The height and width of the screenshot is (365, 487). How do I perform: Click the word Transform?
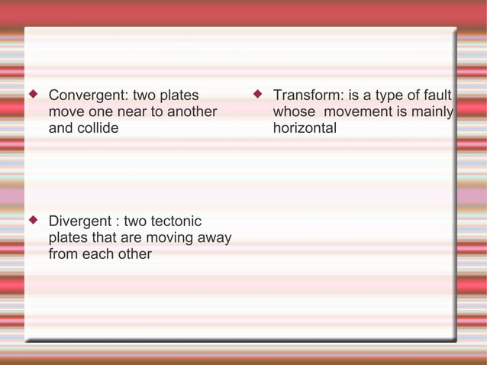308,96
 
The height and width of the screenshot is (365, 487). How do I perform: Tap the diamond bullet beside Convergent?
32,95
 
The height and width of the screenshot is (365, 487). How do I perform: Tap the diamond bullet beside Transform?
257,95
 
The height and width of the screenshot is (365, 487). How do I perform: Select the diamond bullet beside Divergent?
32,221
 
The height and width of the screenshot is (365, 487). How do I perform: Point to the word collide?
95,128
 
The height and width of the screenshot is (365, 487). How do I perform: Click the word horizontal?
305,128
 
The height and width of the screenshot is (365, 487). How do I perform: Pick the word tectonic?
175,221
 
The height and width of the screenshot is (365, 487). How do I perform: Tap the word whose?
294,112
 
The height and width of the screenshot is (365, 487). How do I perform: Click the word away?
214,237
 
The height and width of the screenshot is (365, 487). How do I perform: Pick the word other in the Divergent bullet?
132,254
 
